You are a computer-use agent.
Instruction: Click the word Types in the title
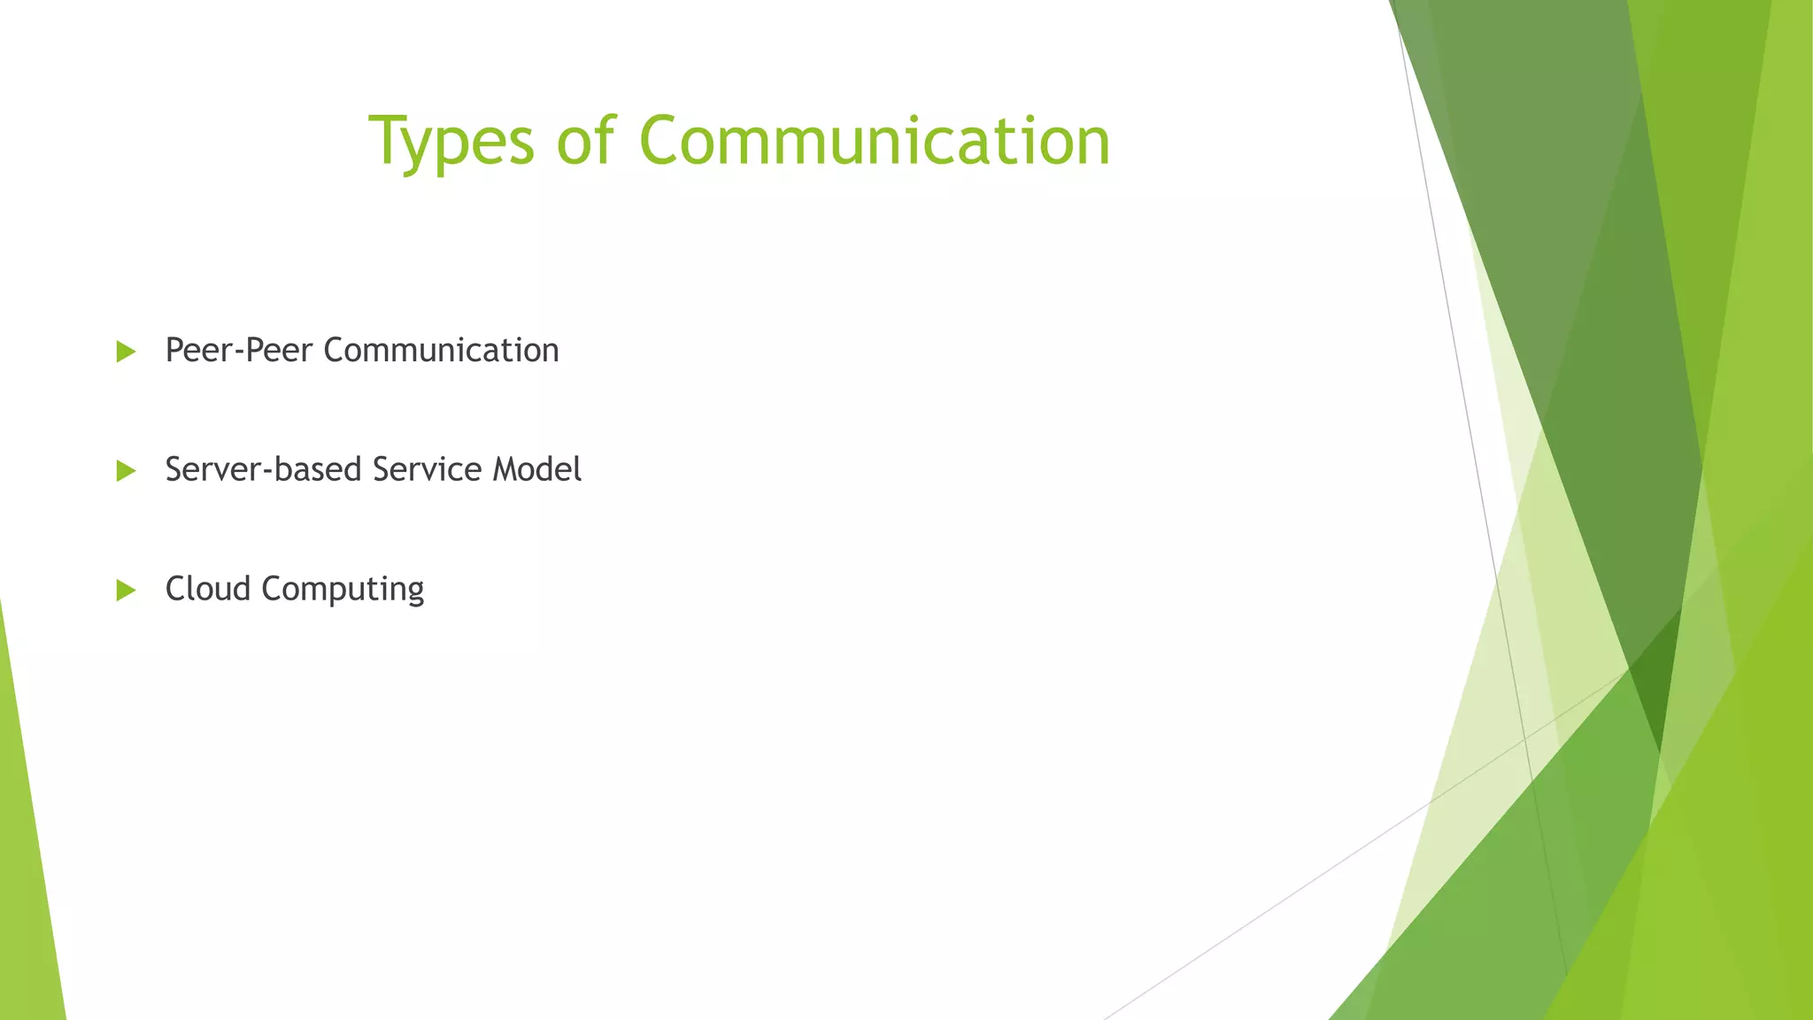tap(451, 142)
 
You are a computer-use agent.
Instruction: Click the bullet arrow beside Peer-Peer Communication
tap(126, 352)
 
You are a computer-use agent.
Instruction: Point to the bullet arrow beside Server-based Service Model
tap(126, 471)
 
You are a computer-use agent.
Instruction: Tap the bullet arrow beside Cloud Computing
tap(126, 591)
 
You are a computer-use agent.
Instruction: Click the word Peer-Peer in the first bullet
tap(239, 351)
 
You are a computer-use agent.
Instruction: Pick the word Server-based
tap(263, 469)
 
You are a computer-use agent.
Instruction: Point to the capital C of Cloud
tap(177, 589)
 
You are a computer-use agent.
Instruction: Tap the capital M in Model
tap(507, 469)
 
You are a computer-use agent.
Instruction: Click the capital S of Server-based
tap(175, 469)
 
